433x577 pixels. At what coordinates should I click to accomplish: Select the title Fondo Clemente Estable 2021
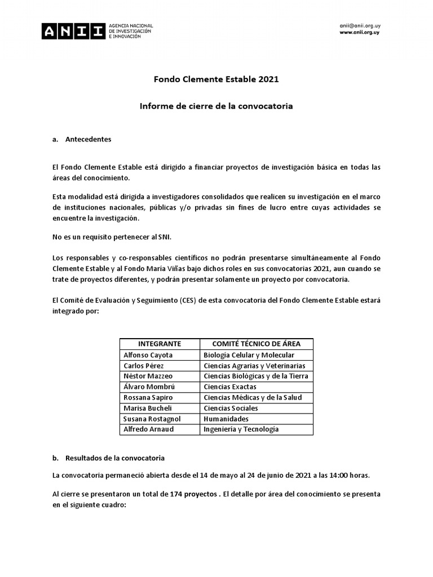click(216, 79)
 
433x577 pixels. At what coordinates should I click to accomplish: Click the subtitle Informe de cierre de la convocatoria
click(216, 106)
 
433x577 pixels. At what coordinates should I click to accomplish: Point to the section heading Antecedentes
click(88, 139)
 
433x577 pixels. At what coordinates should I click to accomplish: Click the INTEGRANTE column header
click(160, 344)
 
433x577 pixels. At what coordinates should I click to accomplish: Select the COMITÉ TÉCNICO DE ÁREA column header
click(256, 344)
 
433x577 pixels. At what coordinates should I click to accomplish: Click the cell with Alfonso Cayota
click(148, 355)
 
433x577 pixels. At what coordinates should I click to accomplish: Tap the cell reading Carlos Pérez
click(144, 366)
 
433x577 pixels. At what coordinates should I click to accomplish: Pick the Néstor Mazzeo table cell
click(148, 376)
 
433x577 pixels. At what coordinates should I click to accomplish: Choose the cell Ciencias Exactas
click(230, 387)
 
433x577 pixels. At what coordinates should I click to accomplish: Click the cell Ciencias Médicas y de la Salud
click(253, 397)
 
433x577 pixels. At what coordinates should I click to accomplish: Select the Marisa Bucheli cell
click(148, 408)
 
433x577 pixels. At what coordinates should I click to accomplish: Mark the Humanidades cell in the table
click(226, 419)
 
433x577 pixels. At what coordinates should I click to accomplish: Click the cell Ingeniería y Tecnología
click(241, 429)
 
